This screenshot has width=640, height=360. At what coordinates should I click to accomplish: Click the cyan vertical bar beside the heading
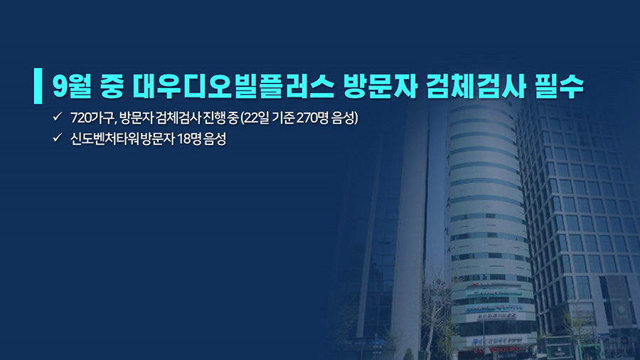tap(38, 85)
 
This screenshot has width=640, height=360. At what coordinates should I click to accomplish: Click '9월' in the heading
tap(71, 86)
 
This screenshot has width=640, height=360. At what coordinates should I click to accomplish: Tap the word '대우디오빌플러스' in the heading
tap(233, 86)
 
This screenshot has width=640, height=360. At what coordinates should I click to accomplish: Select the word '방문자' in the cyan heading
tap(380, 86)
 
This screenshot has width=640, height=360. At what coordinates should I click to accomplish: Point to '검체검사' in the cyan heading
tap(476, 86)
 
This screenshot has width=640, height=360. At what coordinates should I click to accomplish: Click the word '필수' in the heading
tap(559, 86)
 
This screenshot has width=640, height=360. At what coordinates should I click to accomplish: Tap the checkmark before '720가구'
tap(57, 117)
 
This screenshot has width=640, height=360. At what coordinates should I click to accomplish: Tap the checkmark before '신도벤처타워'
tap(57, 137)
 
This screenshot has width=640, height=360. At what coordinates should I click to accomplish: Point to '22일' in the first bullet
tap(255, 118)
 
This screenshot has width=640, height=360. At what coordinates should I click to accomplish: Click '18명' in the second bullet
tap(189, 139)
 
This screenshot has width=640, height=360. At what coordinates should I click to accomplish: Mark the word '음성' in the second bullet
tap(215, 139)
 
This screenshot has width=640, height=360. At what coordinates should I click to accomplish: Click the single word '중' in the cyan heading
tap(112, 86)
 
